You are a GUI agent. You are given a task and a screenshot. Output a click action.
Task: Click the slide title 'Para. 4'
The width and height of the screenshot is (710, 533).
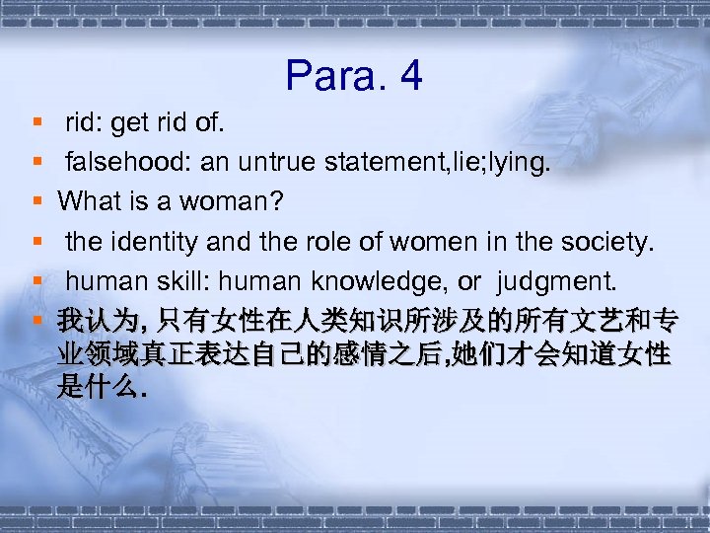pos(354,76)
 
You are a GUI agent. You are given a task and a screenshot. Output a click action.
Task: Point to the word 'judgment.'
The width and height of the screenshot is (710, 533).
pos(558,282)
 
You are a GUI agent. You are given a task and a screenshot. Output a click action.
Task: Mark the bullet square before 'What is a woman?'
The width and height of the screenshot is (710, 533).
pos(36,201)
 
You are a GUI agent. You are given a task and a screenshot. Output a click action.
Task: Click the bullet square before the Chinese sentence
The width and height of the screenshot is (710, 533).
pos(36,322)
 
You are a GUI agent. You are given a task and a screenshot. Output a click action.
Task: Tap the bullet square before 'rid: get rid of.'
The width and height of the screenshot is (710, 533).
pos(36,121)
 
